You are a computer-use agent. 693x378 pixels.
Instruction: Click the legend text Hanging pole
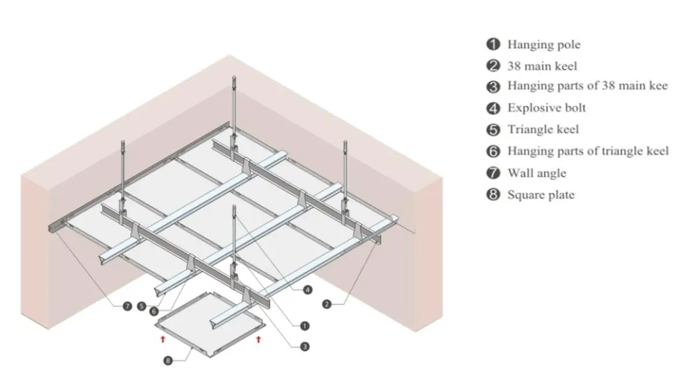[544, 44]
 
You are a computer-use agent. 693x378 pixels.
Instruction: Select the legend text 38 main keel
[542, 66]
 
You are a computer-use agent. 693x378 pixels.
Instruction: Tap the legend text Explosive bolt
[547, 108]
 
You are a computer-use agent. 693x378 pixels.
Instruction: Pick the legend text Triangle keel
[543, 129]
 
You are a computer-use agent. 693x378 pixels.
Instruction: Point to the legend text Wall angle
[536, 173]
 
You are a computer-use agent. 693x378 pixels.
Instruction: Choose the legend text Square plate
[541, 195]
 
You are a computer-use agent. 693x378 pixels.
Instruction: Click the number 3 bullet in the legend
[493, 87]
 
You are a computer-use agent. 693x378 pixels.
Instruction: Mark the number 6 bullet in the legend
[493, 152]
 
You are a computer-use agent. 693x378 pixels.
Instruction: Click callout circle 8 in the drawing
[168, 361]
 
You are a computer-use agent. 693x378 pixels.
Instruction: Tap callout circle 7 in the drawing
[127, 306]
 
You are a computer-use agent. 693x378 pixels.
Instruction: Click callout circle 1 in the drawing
[304, 326]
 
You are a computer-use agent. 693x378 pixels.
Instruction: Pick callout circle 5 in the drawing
[142, 306]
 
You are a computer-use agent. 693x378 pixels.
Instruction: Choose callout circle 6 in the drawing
[154, 311]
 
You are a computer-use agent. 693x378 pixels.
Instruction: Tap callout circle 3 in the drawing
[304, 347]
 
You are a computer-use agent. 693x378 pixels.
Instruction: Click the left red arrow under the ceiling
[163, 339]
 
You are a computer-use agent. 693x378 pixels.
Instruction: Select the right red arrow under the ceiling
[258, 339]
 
